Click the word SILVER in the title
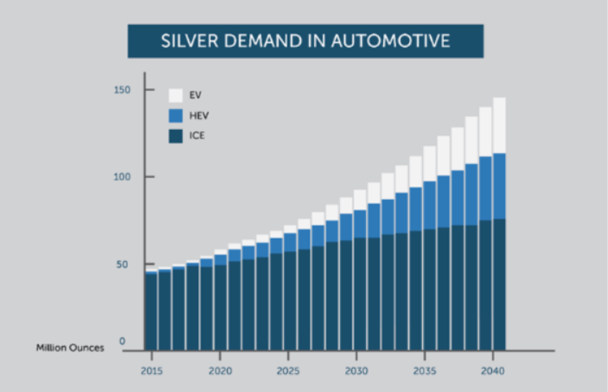182,40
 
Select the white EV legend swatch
175,95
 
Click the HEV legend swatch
175,115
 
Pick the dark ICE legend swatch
175,135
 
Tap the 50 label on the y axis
124,264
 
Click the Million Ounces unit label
70,348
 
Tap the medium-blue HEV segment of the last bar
499,186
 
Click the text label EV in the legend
195,95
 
